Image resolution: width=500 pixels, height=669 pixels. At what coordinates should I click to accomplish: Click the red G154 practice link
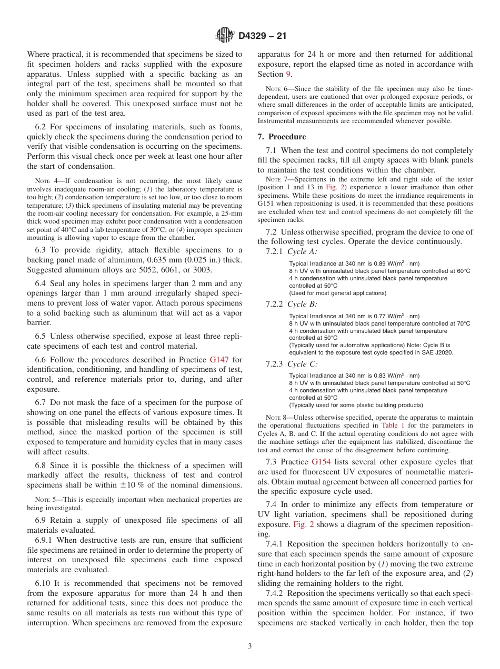click(323, 462)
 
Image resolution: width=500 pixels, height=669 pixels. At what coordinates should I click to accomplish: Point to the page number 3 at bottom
click(250, 646)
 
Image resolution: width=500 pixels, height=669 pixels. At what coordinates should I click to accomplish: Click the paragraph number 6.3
click(42, 250)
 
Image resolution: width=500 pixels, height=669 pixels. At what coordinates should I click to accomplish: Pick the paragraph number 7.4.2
click(276, 593)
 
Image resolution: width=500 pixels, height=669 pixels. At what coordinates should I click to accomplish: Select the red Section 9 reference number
click(288, 74)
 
